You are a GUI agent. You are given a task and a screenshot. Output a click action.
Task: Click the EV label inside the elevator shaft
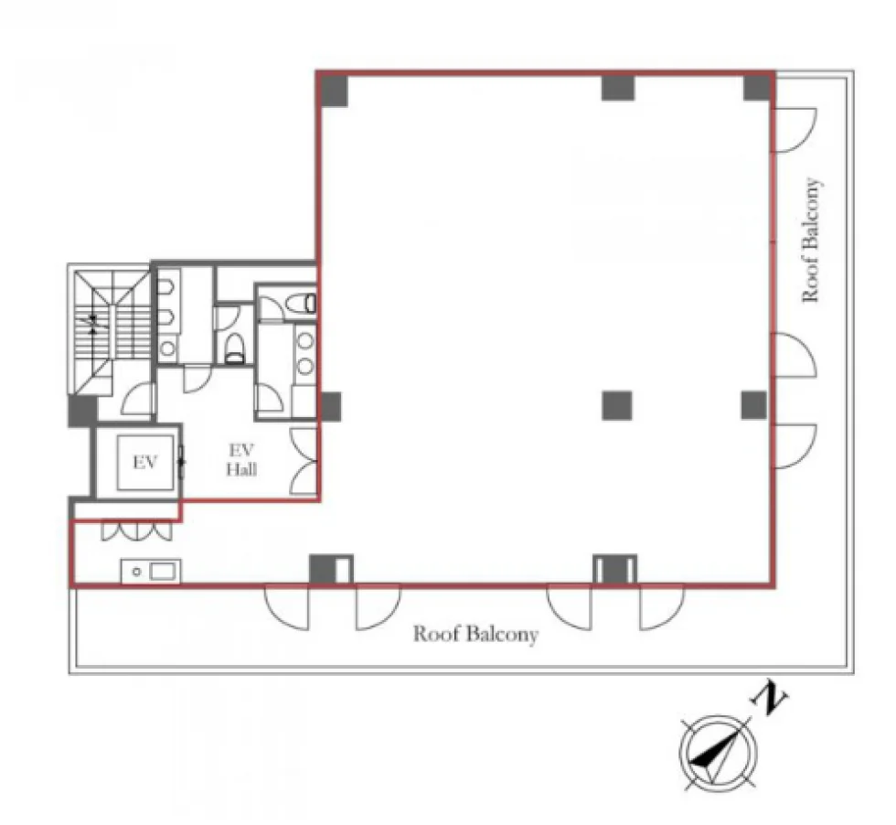click(144, 462)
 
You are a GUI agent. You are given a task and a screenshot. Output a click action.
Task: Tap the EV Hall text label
click(241, 460)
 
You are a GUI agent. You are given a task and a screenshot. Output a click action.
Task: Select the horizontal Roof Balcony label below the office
click(475, 634)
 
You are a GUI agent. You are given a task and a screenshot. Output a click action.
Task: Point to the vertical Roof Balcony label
click(812, 240)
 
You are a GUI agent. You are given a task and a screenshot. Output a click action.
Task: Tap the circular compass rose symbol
click(719, 751)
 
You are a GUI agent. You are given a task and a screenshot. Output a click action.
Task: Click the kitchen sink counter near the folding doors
click(151, 571)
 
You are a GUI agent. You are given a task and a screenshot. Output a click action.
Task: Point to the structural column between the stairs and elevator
click(82, 411)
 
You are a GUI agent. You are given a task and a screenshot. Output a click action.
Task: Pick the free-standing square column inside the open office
click(617, 406)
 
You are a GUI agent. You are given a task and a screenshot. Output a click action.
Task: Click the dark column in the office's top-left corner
click(333, 91)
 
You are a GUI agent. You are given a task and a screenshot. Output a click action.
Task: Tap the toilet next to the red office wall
click(301, 303)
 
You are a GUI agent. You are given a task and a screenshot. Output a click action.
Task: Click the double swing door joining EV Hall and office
click(304, 461)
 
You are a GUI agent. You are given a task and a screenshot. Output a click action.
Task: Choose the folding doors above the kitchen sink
click(136, 530)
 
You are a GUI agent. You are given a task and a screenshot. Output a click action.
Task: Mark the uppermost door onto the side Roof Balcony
click(795, 131)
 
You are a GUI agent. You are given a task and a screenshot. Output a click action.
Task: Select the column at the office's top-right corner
click(758, 88)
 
